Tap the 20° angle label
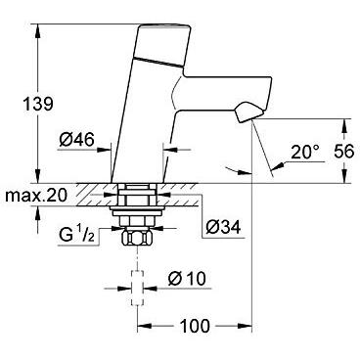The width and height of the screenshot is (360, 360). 304,152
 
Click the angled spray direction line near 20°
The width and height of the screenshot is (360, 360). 259,147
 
